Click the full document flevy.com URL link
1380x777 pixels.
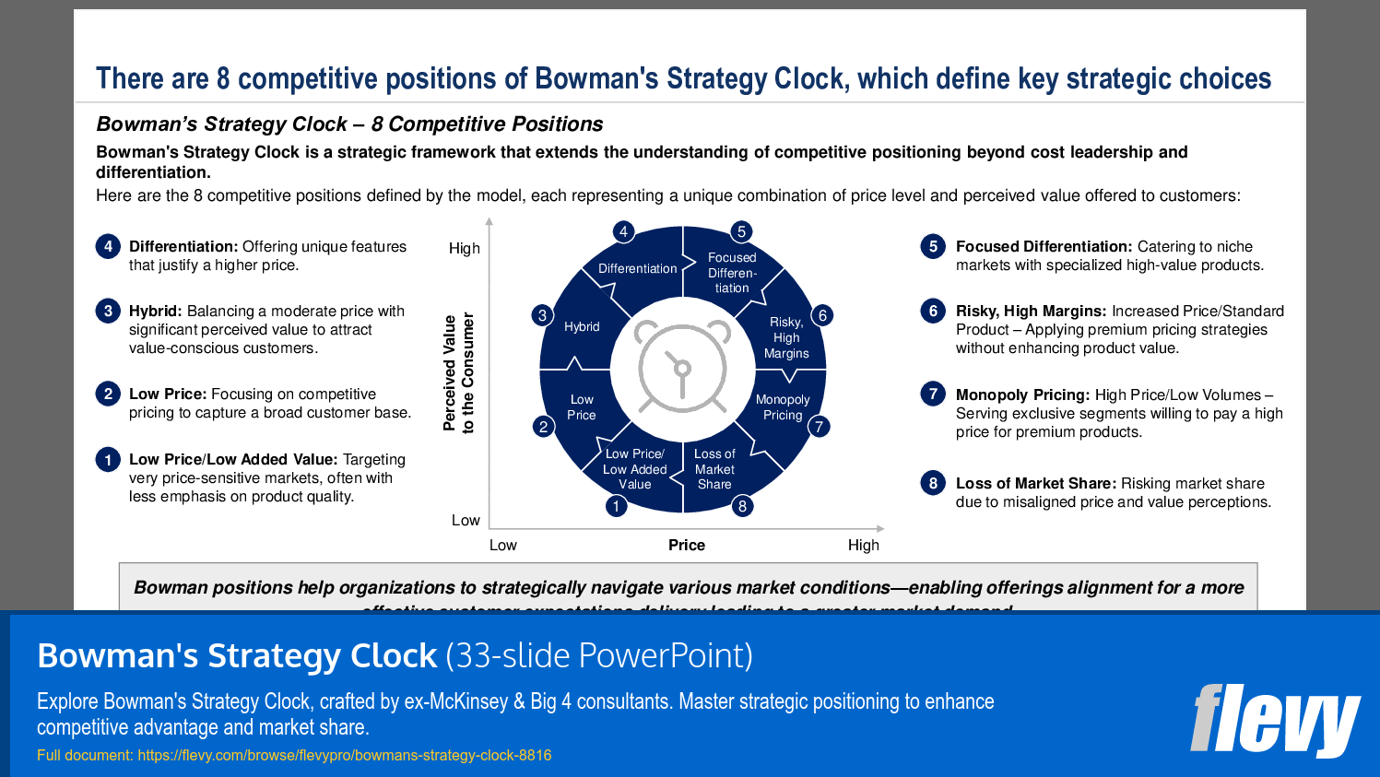(344, 755)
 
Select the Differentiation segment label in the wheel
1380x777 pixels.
(637, 268)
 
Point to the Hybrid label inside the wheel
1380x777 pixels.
(582, 326)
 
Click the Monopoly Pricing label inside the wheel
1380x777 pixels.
(783, 407)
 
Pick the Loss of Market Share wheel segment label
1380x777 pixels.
(714, 468)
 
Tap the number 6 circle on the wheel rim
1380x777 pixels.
(822, 315)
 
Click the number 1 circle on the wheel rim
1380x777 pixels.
(616, 506)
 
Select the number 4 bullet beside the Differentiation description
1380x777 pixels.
(108, 246)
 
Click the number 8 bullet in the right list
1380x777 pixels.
(933, 483)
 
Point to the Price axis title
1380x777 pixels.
(686, 545)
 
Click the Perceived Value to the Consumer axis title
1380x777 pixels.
(458, 372)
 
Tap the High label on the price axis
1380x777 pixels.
(863, 545)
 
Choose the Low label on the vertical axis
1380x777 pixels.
(466, 520)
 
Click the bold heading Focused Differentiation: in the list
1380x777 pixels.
(1044, 246)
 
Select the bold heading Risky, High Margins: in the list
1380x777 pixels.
(1031, 311)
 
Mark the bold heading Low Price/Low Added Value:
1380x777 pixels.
(233, 459)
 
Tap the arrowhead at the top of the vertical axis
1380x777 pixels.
(489, 222)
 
